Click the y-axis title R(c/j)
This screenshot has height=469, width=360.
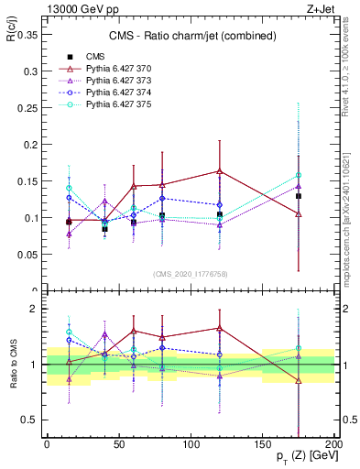point(12,36)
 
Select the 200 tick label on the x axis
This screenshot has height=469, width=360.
point(334,443)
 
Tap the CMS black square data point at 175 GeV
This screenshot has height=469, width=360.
point(299,196)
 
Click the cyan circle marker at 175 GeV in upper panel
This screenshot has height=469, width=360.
point(299,175)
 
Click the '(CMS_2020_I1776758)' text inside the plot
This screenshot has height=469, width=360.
point(191,273)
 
